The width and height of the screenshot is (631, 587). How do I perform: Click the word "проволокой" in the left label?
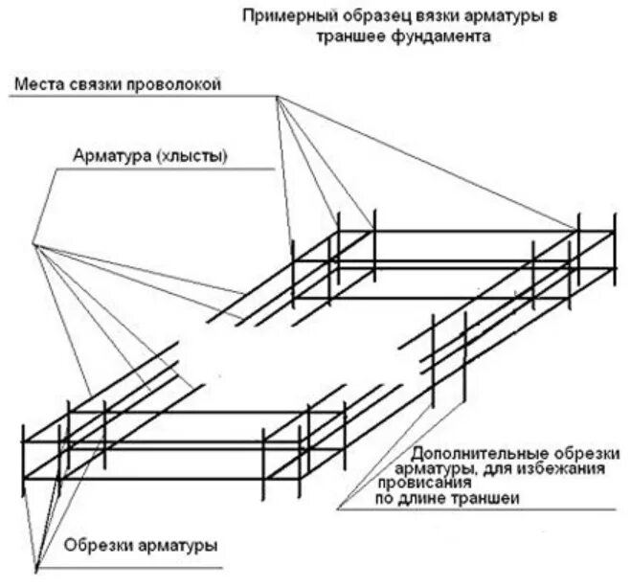[x=176, y=85]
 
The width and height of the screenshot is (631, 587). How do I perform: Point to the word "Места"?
[x=37, y=85]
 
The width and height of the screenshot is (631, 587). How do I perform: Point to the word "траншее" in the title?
[x=367, y=36]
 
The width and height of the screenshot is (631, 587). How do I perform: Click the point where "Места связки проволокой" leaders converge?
[x=278, y=97]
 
